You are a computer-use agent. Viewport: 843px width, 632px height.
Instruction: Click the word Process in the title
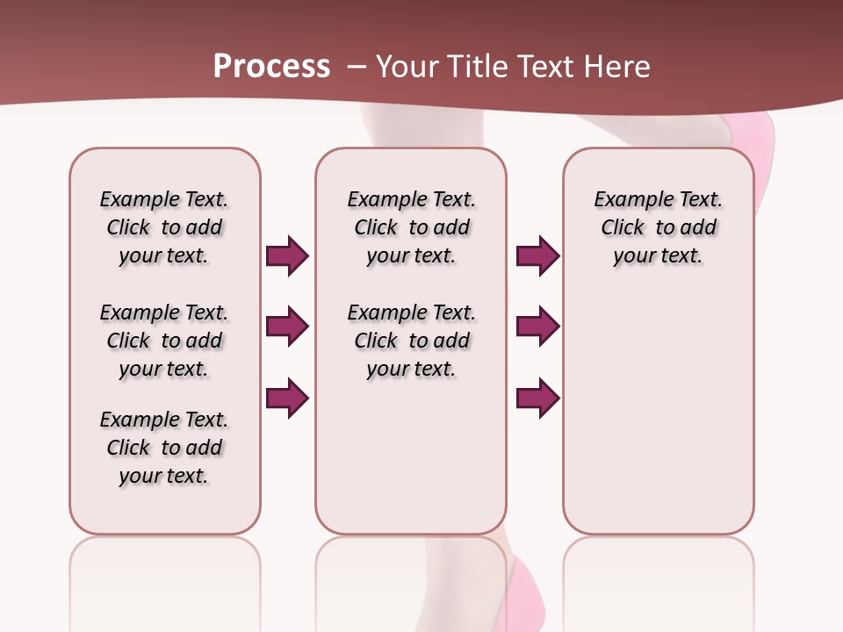click(271, 67)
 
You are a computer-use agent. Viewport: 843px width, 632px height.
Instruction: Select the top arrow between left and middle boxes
click(287, 255)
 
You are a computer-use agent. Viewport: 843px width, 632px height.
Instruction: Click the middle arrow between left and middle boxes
click(287, 327)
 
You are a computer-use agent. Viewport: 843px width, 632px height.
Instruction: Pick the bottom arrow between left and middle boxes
click(287, 399)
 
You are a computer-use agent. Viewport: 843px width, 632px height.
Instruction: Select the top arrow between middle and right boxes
click(537, 255)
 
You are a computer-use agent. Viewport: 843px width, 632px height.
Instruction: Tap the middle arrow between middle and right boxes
click(537, 327)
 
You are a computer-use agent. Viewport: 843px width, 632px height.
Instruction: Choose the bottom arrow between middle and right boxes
click(537, 399)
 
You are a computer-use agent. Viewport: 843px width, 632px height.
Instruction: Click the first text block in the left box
click(164, 227)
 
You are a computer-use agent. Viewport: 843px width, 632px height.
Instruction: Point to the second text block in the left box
click(164, 341)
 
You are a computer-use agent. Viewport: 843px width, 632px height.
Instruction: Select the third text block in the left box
click(164, 448)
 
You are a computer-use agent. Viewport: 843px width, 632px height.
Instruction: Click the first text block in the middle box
click(411, 227)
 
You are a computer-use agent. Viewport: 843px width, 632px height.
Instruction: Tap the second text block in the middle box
click(411, 341)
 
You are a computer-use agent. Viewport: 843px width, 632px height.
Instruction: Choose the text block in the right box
click(658, 227)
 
